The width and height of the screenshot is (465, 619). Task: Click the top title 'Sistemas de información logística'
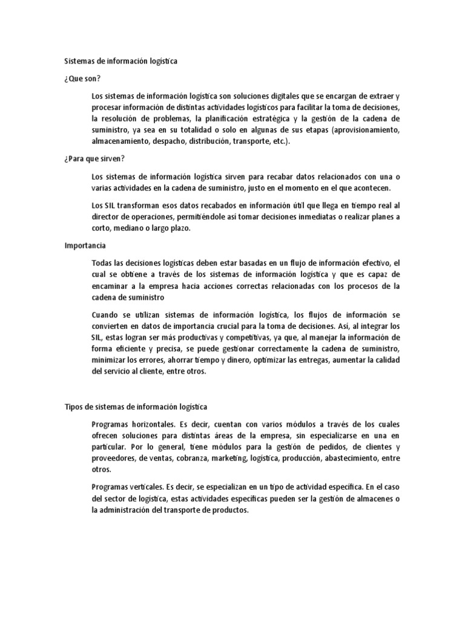tap(121, 61)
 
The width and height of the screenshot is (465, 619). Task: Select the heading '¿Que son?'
tap(82, 79)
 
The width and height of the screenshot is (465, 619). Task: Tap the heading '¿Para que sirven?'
tap(94, 158)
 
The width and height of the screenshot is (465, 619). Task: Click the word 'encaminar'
tap(111, 285)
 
